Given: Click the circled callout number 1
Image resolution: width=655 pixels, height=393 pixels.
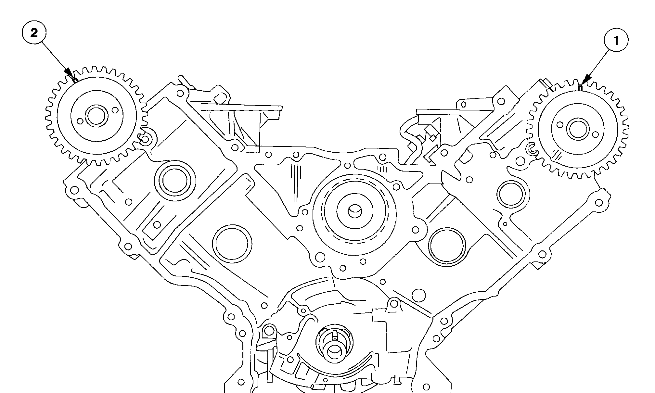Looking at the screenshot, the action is tap(616, 41).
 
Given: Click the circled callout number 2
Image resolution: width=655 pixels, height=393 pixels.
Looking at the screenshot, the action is tap(34, 33).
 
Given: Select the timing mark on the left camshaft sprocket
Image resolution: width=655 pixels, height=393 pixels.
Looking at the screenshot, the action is tap(75, 80).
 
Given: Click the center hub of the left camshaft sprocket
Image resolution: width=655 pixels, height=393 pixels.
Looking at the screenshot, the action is tap(96, 116).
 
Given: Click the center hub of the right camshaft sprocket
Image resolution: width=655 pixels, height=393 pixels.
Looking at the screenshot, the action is tap(577, 129).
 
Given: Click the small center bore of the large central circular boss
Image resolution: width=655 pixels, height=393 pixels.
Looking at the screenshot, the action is tap(354, 211).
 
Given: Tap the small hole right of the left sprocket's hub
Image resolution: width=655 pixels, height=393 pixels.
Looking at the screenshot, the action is tap(114, 110).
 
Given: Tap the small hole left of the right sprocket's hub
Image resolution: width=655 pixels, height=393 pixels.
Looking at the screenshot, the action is tap(559, 124).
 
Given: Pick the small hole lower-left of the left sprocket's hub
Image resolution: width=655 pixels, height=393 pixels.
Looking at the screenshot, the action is tap(79, 121).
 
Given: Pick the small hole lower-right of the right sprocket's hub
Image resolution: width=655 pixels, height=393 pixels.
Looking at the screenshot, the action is tap(595, 134).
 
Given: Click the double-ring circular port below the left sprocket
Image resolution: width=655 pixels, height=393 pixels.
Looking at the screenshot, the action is tap(175, 181).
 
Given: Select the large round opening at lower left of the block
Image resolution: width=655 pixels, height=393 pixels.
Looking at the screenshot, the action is tap(232, 243).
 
